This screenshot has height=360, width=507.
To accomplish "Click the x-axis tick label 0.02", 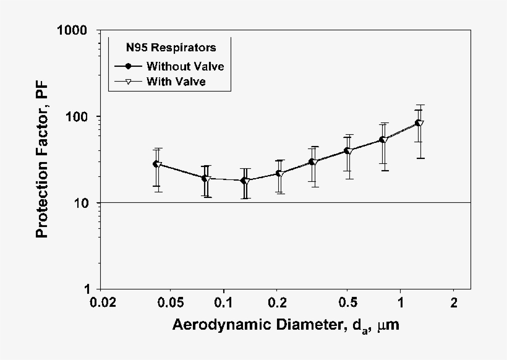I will point(103,303).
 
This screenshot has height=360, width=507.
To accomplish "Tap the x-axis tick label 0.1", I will point(223,303).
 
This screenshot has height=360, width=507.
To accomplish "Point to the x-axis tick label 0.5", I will point(347,303).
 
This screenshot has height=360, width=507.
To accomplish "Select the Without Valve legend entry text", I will point(184,66).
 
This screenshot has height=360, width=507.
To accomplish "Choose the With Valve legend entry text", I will point(176,80).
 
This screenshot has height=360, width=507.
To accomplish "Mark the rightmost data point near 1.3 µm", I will point(419,122).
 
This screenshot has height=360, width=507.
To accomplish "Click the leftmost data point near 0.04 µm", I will point(156,164).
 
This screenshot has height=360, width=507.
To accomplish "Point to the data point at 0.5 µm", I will point(347,150).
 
